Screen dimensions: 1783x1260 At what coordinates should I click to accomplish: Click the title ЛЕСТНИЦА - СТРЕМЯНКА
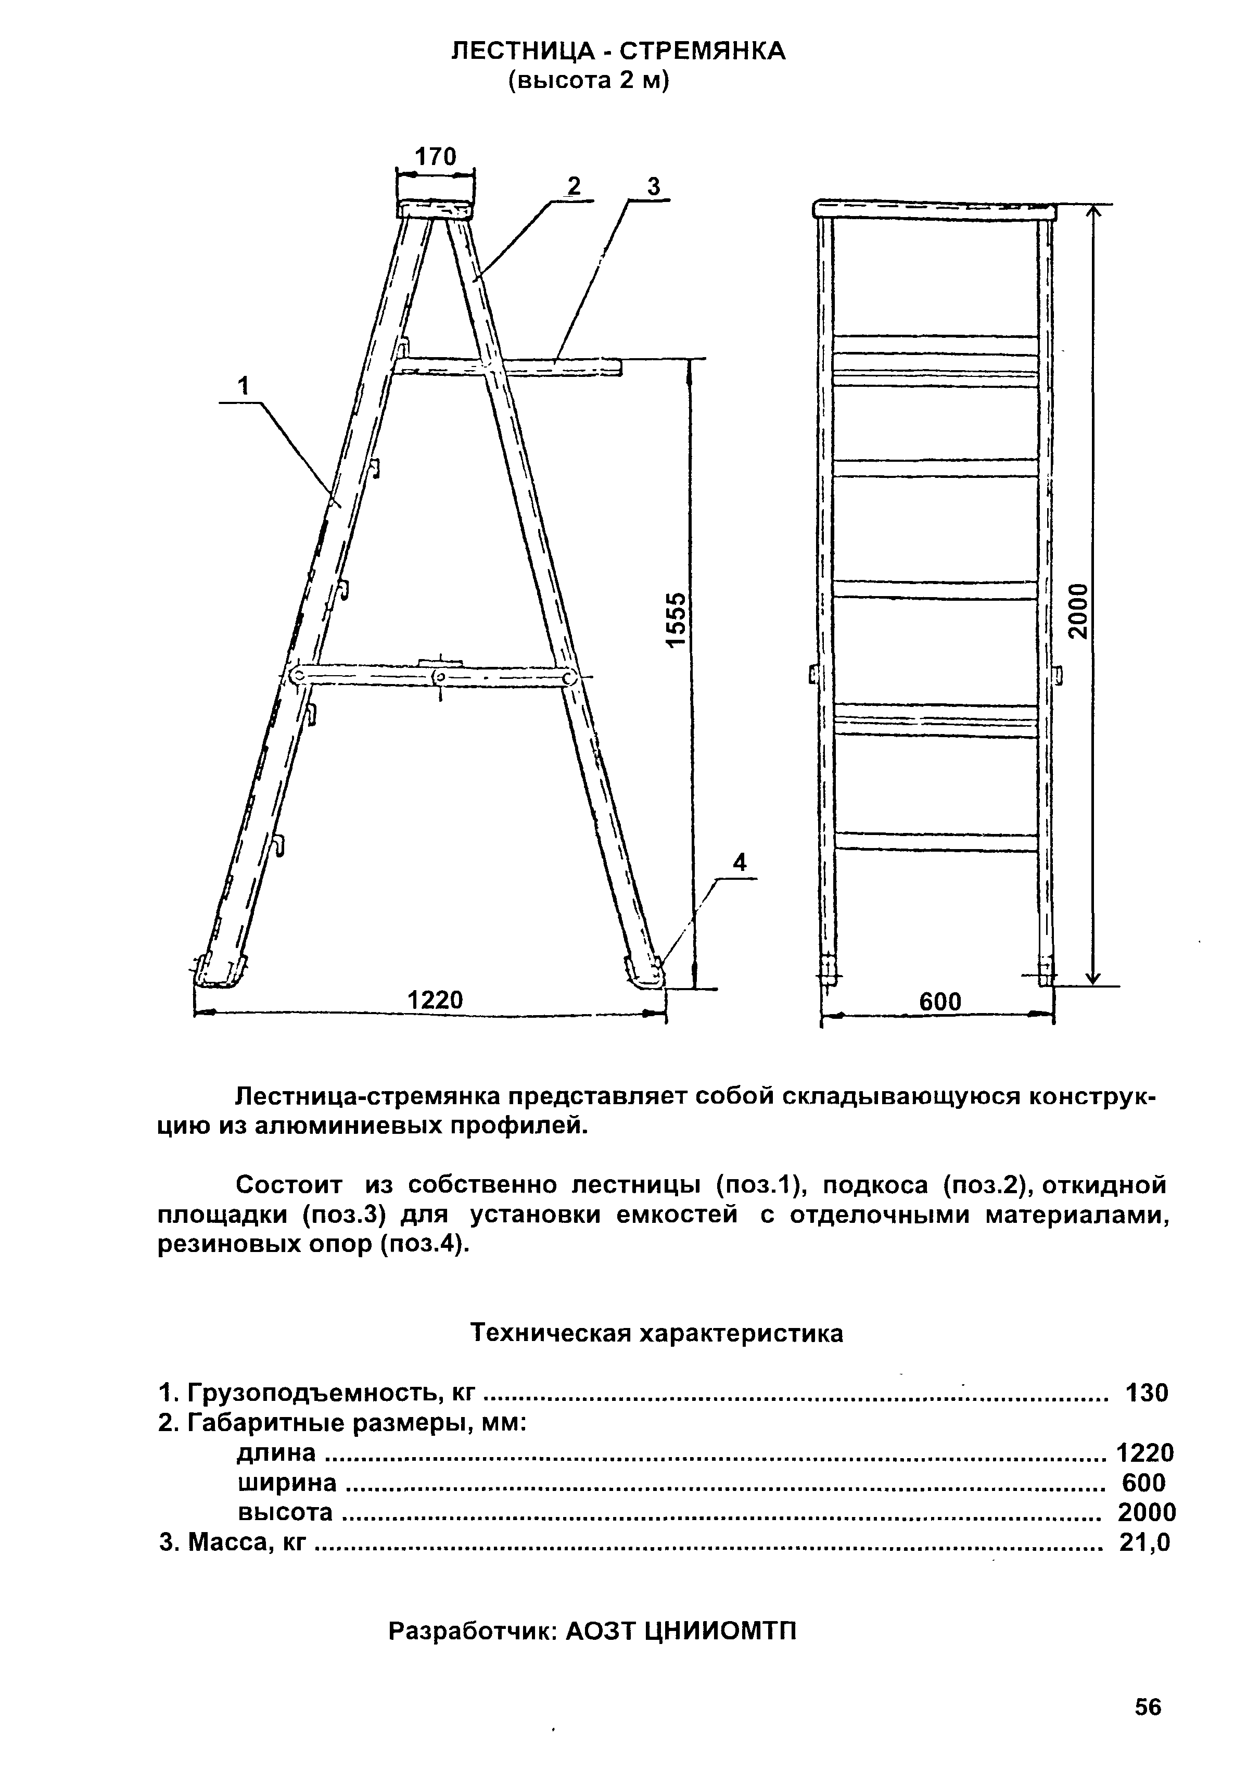619,51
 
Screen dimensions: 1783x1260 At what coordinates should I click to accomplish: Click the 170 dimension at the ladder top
436,157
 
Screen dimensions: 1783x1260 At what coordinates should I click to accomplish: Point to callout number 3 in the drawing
654,186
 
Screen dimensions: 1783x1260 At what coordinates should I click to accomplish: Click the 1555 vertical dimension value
677,619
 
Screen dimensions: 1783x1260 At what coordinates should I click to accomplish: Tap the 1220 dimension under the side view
435,1000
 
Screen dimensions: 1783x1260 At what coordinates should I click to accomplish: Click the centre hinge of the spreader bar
440,678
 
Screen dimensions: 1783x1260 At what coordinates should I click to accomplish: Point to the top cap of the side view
436,210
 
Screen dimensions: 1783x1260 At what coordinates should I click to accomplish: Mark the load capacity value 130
1147,1393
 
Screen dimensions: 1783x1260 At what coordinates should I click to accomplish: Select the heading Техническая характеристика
657,1333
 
